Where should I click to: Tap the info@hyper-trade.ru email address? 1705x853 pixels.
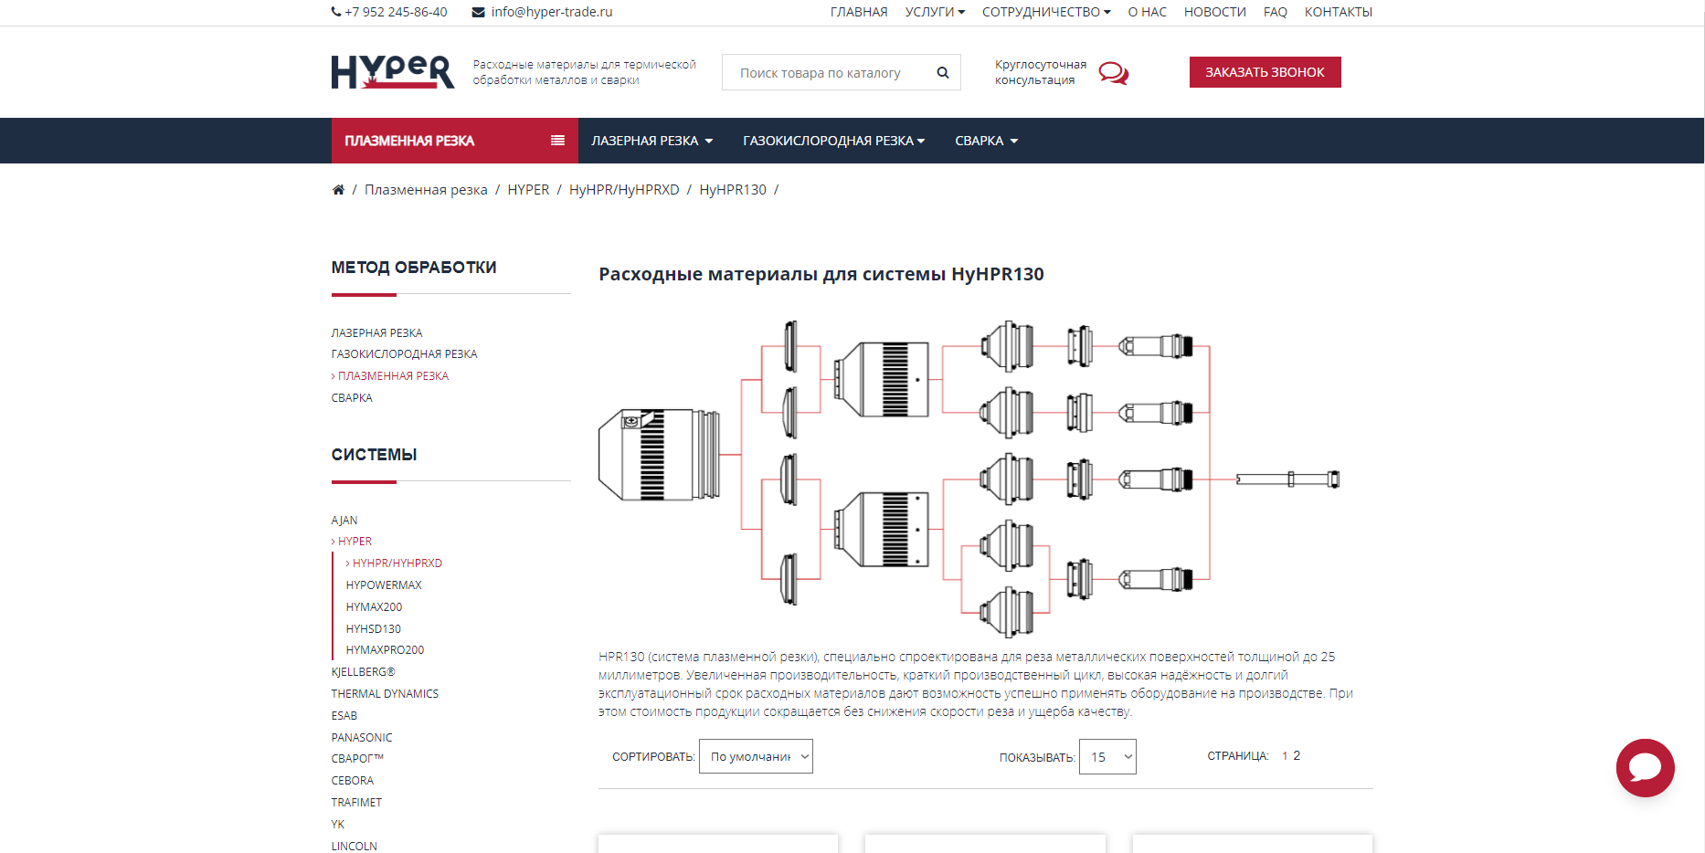pos(552,12)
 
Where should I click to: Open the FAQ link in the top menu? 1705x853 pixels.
pos(1275,12)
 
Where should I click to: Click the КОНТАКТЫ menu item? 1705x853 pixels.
pos(1338,12)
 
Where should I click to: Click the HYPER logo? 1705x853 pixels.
pos(392,71)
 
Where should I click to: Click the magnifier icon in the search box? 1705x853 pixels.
pos(943,73)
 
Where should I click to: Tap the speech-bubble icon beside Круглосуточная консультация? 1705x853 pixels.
pos(1113,73)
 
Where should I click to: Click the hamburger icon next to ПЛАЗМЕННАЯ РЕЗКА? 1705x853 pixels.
pos(557,141)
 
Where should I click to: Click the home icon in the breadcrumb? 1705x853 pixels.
pos(338,190)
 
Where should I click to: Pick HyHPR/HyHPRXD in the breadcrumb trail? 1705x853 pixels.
pos(624,190)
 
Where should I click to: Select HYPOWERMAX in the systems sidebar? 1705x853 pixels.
pos(384,585)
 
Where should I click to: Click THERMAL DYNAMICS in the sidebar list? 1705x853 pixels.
pos(385,694)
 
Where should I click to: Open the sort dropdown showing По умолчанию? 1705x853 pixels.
pos(756,756)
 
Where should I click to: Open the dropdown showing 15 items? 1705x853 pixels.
pos(1107,757)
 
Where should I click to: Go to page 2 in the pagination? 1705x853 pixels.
pos(1297,755)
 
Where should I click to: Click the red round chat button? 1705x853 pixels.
pos(1645,768)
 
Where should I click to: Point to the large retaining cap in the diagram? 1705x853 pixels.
pos(659,455)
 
